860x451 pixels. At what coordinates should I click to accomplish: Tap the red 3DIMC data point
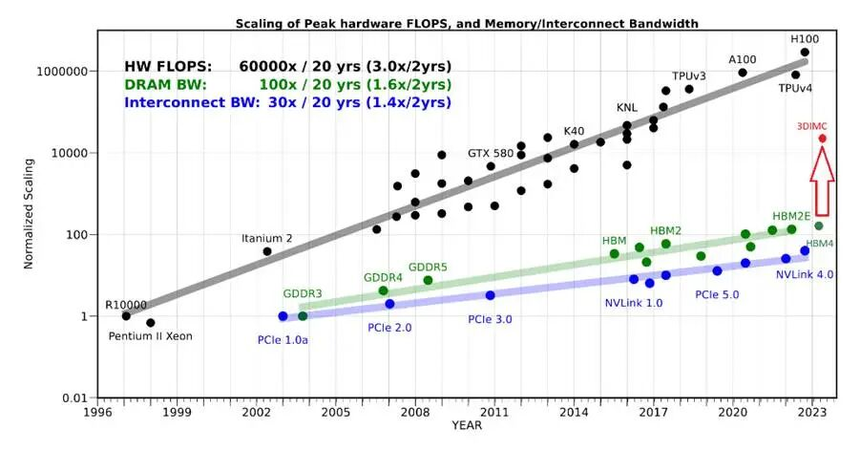click(822, 139)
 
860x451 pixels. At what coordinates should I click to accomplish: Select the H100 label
click(804, 39)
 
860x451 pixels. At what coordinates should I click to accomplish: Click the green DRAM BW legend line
click(288, 85)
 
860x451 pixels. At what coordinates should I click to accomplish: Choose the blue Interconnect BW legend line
click(288, 102)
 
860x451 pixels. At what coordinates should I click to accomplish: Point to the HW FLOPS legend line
click(288, 67)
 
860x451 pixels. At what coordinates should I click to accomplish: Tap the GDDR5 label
click(428, 267)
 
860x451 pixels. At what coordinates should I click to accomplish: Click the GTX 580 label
click(491, 153)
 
